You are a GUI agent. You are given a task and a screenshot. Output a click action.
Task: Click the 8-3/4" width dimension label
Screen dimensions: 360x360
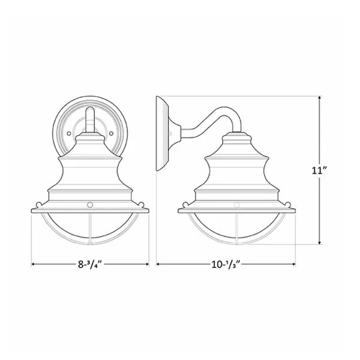coord(90,264)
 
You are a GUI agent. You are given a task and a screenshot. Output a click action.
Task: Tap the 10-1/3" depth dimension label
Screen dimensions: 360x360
coord(226,264)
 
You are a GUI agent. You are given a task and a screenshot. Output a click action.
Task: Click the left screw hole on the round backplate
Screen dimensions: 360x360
coord(68,133)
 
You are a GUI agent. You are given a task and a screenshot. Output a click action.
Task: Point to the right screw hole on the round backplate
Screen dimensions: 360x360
coord(111,133)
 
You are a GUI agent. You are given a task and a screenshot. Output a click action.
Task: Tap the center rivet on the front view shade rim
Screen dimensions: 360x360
coord(90,205)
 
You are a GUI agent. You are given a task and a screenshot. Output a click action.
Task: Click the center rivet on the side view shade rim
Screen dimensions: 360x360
coord(237,205)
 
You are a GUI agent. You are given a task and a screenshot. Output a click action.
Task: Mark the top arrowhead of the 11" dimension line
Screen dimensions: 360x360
coord(319,98)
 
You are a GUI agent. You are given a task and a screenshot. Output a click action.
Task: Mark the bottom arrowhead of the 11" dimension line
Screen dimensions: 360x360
coord(319,242)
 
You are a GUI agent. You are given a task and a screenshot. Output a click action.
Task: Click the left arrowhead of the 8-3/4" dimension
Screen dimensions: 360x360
coord(34,264)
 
